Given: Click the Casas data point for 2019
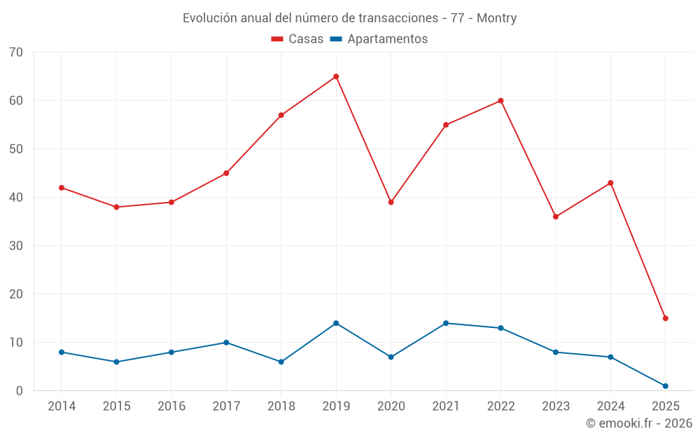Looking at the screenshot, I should point(336,76).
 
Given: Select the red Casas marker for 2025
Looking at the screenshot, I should point(665,318).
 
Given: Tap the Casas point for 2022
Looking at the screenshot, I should point(500,101).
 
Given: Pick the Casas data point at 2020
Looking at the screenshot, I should point(391,202).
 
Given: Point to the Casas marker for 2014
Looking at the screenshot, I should point(62,188).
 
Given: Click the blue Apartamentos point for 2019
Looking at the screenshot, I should point(336,323).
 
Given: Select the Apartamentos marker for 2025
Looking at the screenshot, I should point(665,386).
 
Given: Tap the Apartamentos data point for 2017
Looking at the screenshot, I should point(226,343).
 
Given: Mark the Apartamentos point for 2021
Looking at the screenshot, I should point(446,323).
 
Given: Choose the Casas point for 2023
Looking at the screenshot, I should point(555,217).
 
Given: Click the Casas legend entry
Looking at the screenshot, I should point(297,39).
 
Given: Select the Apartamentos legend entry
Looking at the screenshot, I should point(379,39).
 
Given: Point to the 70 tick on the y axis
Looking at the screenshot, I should point(15,53).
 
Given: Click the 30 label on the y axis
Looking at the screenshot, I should point(15,246).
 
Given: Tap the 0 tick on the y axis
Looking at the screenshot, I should point(20,391).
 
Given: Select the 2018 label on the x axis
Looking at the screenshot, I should point(281,406).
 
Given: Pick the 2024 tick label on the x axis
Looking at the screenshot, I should point(610,406).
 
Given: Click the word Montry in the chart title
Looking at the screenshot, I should point(496,18).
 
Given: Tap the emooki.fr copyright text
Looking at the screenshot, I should point(639,423).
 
